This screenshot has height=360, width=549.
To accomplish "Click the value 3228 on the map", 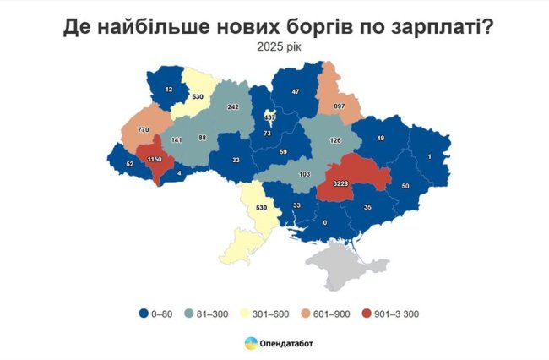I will pyautogui.click(x=346, y=184).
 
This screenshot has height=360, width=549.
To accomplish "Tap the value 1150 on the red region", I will pyautogui.click(x=155, y=160).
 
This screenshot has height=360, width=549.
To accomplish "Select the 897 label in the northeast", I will pyautogui.click(x=338, y=106).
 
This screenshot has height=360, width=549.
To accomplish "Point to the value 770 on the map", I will pyautogui.click(x=131, y=130).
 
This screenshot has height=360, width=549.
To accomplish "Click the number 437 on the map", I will pyautogui.click(x=270, y=117).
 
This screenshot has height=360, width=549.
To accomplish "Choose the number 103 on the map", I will pyautogui.click(x=303, y=174).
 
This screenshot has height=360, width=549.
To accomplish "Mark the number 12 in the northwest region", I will pyautogui.click(x=169, y=89).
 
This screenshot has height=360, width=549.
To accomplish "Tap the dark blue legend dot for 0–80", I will pyautogui.click(x=144, y=314).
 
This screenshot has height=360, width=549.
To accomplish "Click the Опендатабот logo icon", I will pyautogui.click(x=252, y=343).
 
